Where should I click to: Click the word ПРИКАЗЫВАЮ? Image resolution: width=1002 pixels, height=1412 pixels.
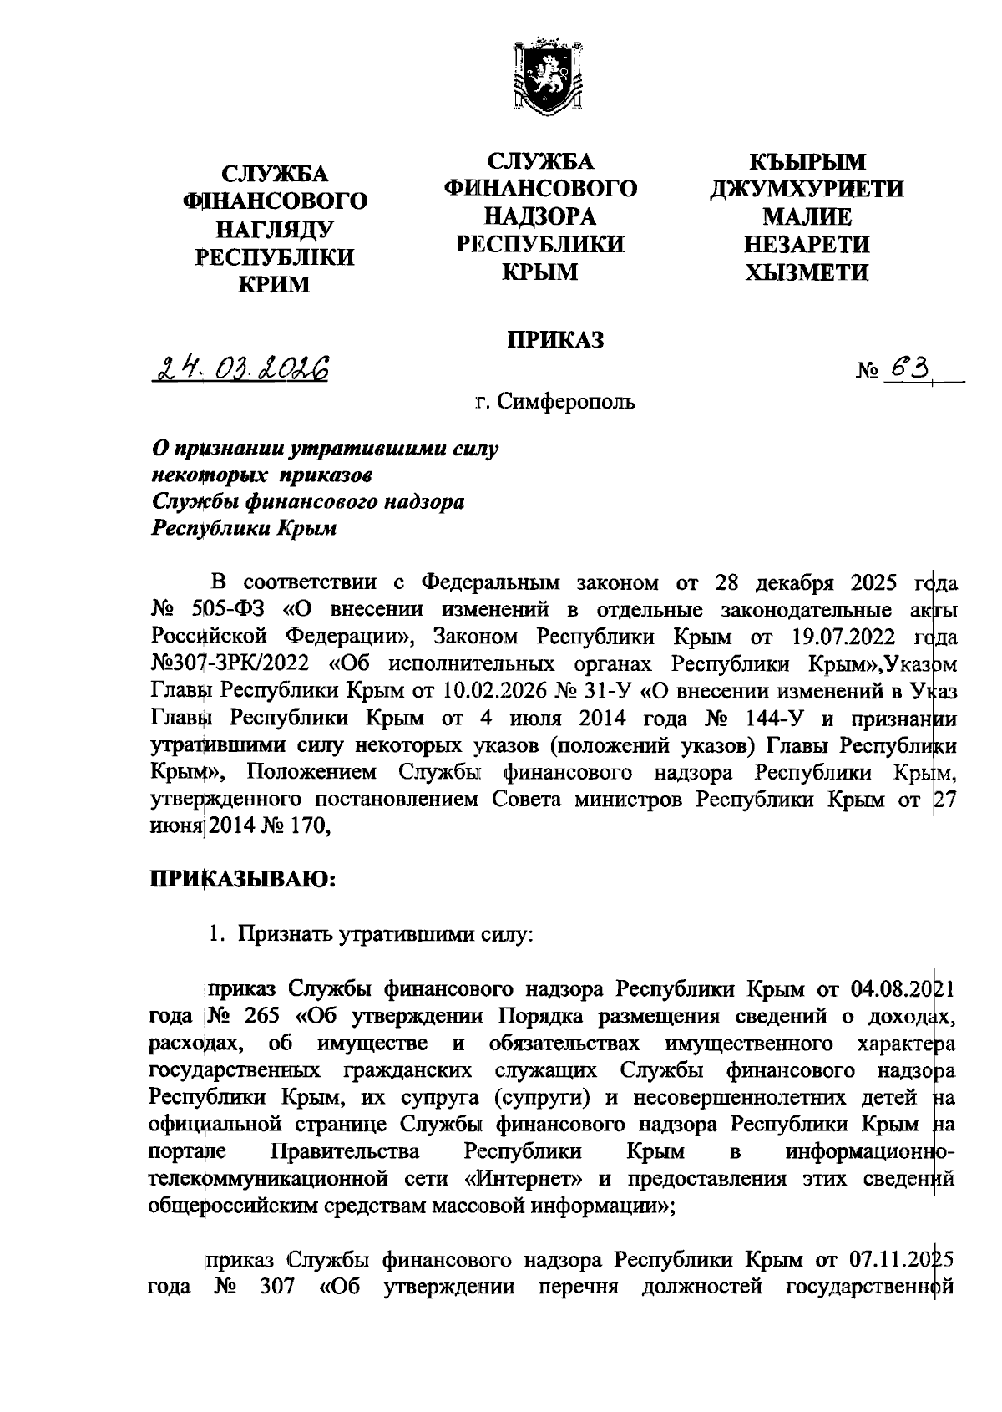click(242, 878)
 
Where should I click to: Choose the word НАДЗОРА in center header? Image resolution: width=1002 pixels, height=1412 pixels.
click(540, 216)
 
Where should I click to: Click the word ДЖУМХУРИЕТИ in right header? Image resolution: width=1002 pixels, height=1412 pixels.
click(806, 189)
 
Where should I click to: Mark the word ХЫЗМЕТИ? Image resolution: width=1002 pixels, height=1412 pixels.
click(807, 272)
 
